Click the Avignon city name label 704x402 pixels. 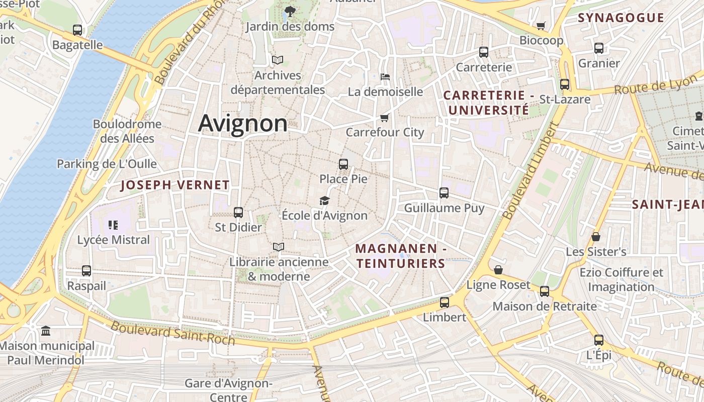pos(242,123)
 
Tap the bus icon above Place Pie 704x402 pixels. pos(343,164)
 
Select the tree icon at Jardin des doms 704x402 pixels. pos(290,11)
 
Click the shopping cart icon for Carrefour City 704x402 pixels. pos(385,118)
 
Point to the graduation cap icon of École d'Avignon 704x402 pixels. pos(324,201)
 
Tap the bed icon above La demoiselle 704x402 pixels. pos(385,77)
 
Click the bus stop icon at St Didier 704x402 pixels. pos(238,213)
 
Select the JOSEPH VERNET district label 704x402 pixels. pos(175,185)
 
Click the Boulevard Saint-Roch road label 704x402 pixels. pos(172,333)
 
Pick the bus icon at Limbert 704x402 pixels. pos(444,303)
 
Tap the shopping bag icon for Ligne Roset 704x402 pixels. pos(498,270)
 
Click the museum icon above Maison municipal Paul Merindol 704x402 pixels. pos(46,331)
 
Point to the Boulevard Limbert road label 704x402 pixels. pos(531,171)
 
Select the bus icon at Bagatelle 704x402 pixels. pos(77,30)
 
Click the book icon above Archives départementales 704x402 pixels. pos(278,60)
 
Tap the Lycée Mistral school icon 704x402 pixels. pos(113,225)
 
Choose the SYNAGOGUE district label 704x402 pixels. pos(621,18)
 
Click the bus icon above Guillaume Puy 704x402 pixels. pos(444,193)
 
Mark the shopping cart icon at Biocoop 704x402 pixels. pos(541,26)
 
